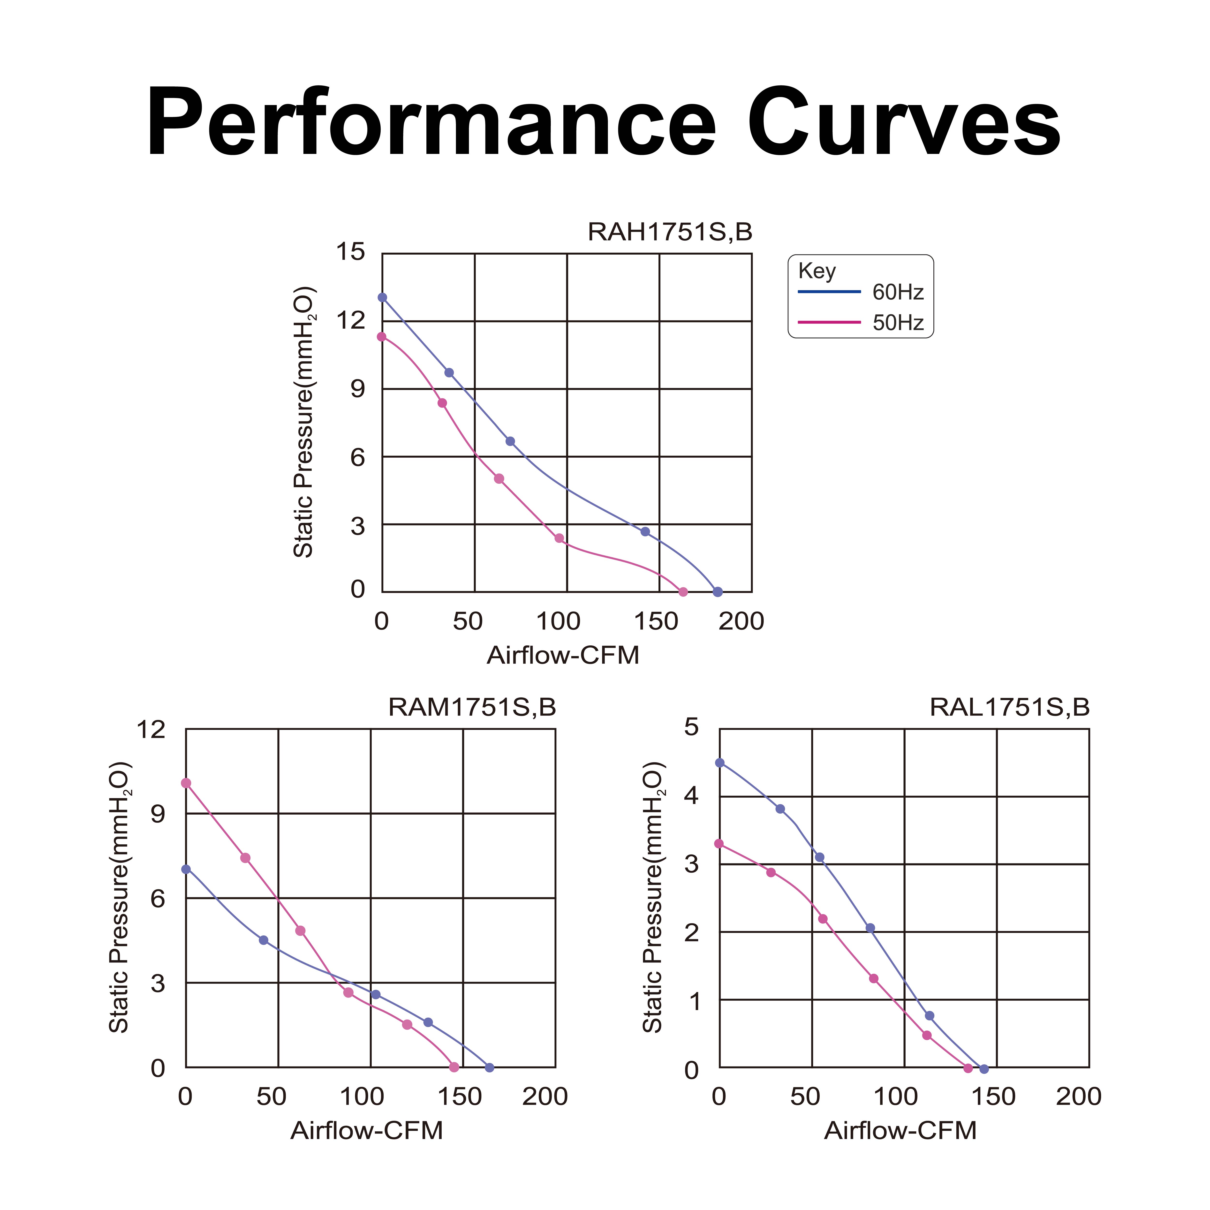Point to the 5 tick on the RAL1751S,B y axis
pyautogui.click(x=691, y=727)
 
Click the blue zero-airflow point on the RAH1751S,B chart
pyautogui.click(x=382, y=297)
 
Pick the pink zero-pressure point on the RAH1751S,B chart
pyautogui.click(x=683, y=592)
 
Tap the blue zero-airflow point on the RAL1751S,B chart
pyautogui.click(x=720, y=763)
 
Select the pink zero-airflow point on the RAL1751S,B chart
pyautogui.click(x=719, y=844)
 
